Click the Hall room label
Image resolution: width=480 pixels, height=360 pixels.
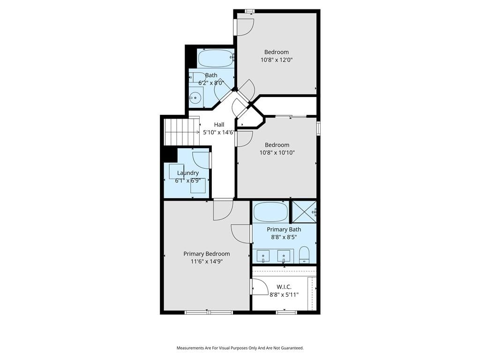point(219,125)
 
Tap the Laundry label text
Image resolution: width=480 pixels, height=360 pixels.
point(188,173)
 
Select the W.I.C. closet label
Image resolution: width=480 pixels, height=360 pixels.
point(284,287)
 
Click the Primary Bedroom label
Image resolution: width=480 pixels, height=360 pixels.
point(207,254)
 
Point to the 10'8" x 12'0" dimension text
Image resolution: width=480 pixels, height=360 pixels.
point(277,60)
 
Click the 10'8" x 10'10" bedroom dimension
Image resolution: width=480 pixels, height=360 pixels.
point(277,153)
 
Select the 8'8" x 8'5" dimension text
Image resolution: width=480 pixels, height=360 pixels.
point(284,237)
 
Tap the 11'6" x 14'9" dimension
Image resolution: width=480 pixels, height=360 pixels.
point(207,262)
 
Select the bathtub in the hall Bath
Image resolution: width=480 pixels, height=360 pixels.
point(216,59)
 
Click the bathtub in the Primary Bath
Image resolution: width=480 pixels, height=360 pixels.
point(270,212)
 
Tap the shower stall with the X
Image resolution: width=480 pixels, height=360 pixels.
point(304,211)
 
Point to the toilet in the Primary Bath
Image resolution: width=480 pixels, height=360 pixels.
point(304,255)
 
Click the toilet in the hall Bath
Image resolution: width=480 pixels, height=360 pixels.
point(198,77)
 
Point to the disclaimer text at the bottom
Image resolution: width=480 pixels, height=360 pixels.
point(240,348)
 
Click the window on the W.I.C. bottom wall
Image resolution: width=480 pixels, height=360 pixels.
point(286,312)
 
